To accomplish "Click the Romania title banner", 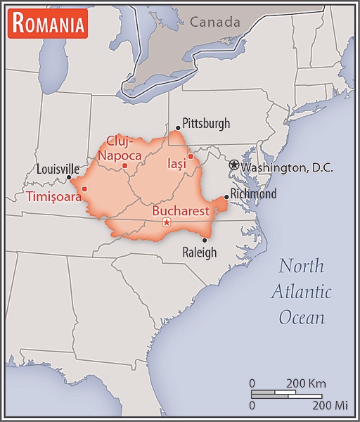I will click(x=49, y=25).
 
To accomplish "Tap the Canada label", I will click(x=214, y=23).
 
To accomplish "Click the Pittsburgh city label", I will click(x=206, y=124).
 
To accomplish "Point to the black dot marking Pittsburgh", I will click(x=178, y=128).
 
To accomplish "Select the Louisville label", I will click(x=58, y=169).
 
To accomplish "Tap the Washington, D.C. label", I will click(x=287, y=168).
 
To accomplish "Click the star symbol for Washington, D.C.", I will click(x=234, y=165).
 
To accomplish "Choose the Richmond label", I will click(x=254, y=193).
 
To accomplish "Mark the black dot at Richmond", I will click(x=226, y=197).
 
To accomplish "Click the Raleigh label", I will click(x=200, y=252).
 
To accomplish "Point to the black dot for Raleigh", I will click(x=204, y=240).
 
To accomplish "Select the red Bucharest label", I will click(x=181, y=210).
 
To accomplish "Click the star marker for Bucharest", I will click(x=167, y=223).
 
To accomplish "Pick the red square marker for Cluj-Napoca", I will click(x=124, y=166).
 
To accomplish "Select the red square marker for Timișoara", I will click(x=84, y=188).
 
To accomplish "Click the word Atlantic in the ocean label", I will click(x=302, y=292).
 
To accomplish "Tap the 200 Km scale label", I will click(x=306, y=383).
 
